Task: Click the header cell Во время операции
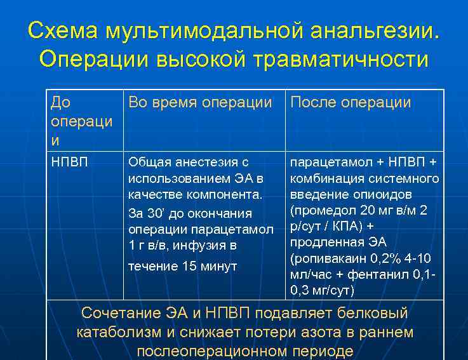click(x=200, y=102)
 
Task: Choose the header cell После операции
click(x=351, y=102)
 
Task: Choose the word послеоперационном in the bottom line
click(x=214, y=351)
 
